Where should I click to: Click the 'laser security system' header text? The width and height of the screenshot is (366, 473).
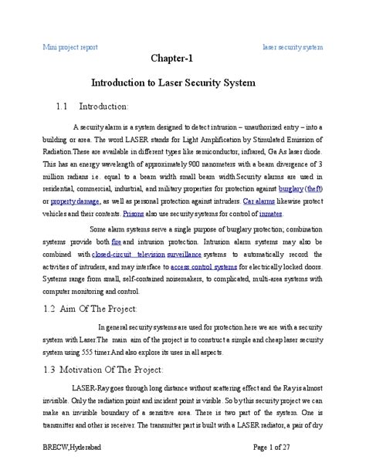(x=293, y=47)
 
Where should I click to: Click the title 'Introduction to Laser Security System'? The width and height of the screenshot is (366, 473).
(x=182, y=82)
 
